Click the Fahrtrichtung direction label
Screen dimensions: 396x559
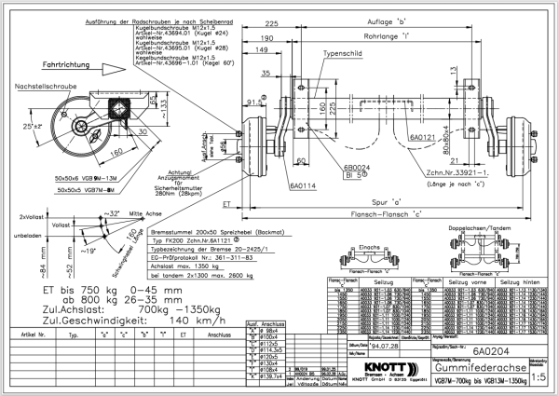point(67,65)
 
